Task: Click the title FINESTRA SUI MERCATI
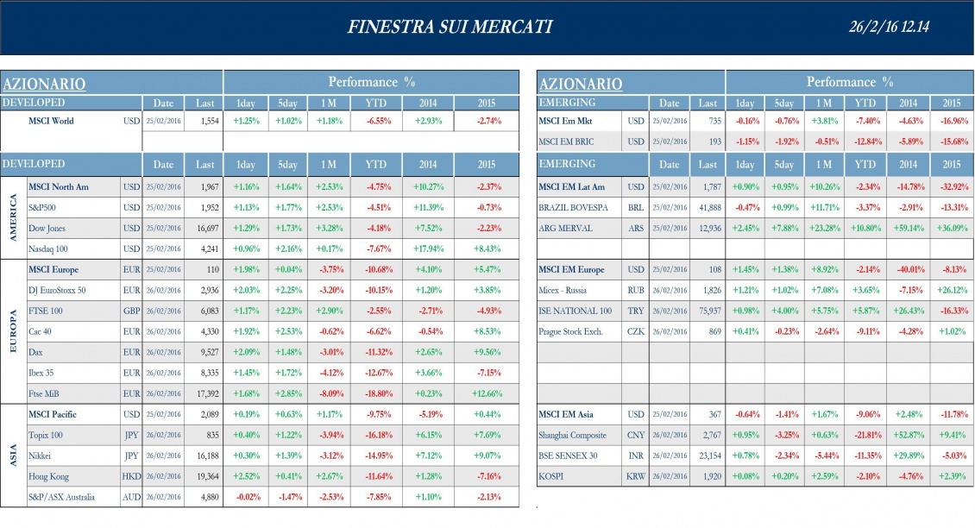click(450, 28)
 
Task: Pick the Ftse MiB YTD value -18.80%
click(376, 393)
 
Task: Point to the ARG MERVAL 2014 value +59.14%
click(909, 228)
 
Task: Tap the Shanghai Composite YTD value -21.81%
click(865, 435)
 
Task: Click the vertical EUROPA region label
click(13, 330)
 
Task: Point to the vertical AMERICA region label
click(13, 217)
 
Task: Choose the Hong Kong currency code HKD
click(131, 476)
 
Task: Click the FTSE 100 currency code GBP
click(131, 311)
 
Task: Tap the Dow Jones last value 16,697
click(204, 228)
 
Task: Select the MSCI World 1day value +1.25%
click(248, 121)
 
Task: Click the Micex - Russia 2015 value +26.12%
click(951, 290)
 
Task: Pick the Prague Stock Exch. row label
click(570, 331)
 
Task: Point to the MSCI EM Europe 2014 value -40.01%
click(909, 269)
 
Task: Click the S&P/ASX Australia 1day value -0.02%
click(248, 497)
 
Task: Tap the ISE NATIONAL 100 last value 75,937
click(705, 311)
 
